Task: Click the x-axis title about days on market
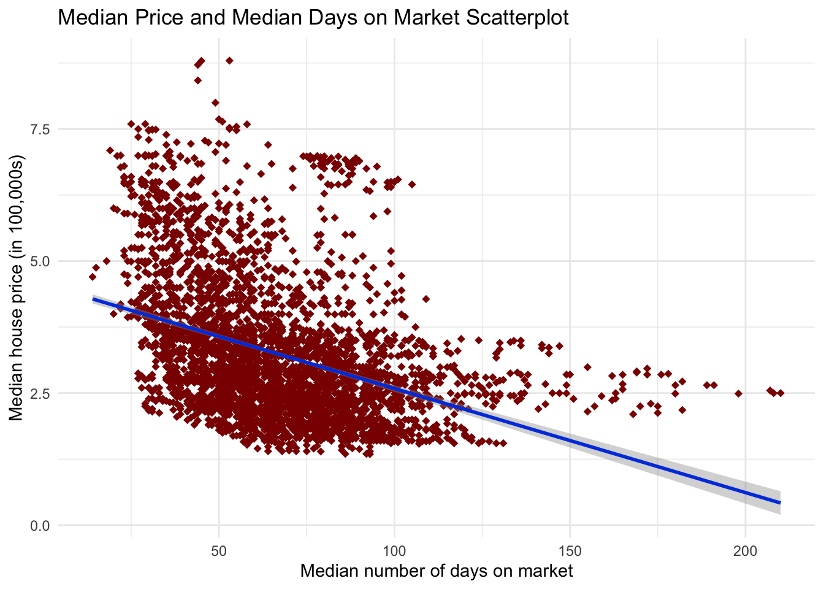point(437,571)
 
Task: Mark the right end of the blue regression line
point(780,502)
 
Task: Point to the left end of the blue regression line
point(93,299)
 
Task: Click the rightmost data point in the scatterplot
point(780,393)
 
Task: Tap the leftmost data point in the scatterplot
point(92,277)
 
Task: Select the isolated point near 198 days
point(738,393)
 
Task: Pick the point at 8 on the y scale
point(215,102)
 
